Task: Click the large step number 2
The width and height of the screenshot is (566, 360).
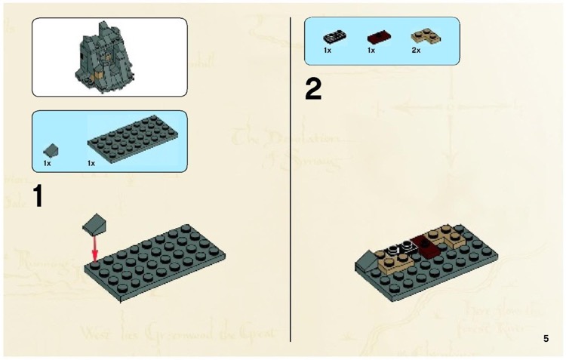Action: [x=313, y=90]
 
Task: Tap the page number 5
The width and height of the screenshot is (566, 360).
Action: [x=546, y=338]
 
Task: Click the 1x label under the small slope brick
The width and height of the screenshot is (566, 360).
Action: [x=47, y=163]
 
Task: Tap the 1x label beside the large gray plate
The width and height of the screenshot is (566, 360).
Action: [x=91, y=163]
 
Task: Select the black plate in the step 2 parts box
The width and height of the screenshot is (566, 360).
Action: [x=333, y=36]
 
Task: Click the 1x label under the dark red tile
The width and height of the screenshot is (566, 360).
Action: [x=371, y=51]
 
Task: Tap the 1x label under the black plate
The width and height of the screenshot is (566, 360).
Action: [x=328, y=51]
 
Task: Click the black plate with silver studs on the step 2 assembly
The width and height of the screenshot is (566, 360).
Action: [x=398, y=246]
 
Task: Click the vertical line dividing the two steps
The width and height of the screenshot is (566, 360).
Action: [x=291, y=181]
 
